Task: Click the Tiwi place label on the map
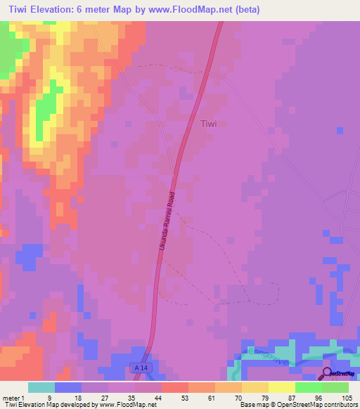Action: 209,124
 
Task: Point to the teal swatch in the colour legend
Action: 41,387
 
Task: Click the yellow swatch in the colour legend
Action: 281,387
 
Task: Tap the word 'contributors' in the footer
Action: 341,405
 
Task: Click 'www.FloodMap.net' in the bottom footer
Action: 127,405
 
